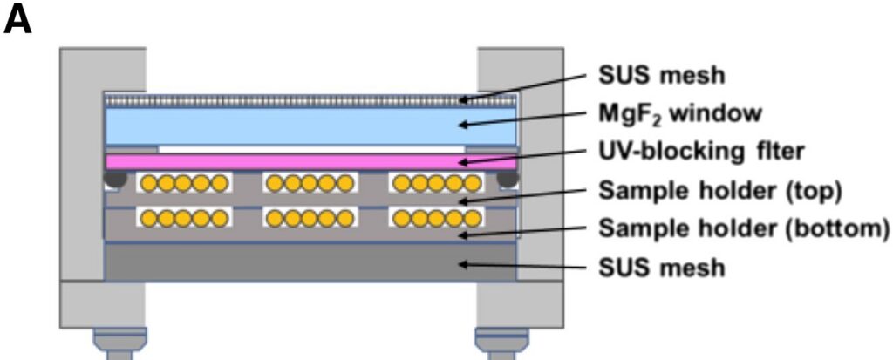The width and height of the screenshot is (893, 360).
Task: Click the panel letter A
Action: tap(18, 18)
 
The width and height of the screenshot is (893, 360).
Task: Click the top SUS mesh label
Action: tap(661, 76)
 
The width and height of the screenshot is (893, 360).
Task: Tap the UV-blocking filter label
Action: tap(700, 151)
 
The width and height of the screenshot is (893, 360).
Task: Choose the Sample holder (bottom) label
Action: tap(743, 228)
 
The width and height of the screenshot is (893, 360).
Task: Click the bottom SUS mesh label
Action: tap(661, 267)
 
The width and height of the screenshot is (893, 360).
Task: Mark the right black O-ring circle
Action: tap(507, 179)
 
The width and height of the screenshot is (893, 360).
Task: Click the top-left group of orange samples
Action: tap(184, 183)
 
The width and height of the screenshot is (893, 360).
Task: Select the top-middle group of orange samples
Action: tap(310, 183)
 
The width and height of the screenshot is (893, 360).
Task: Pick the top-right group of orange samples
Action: tap(436, 183)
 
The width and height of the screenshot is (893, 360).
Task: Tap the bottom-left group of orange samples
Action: tap(184, 217)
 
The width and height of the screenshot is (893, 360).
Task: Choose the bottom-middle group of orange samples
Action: tap(310, 217)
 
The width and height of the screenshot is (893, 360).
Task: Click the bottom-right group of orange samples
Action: tap(436, 217)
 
